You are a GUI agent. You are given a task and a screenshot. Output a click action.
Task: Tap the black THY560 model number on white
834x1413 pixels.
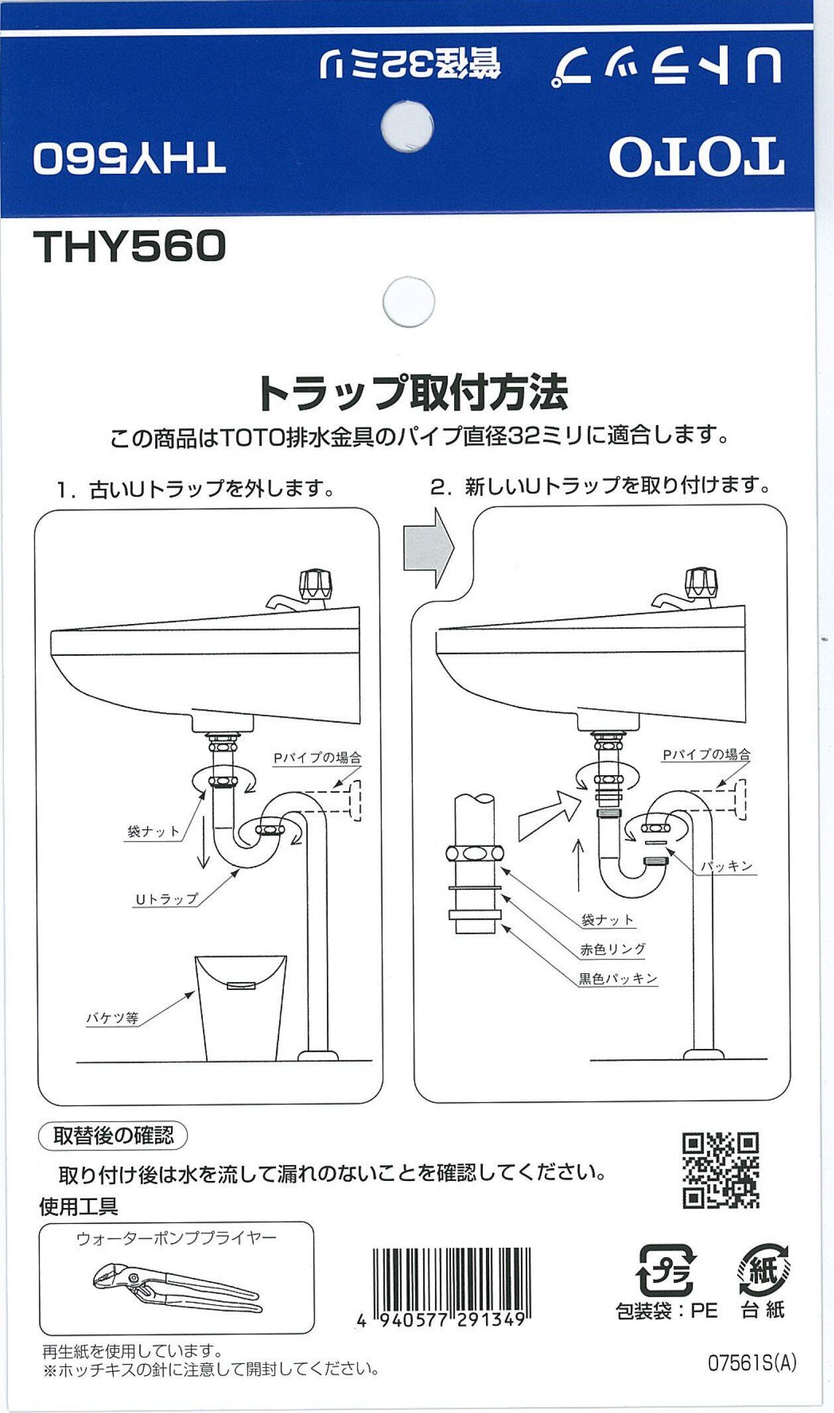coord(131,247)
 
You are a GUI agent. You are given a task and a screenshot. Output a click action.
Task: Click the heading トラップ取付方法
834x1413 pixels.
coord(412,393)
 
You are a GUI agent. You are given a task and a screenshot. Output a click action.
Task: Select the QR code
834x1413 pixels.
coord(721,1170)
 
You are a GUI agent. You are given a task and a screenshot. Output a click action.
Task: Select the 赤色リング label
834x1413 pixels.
coord(613,949)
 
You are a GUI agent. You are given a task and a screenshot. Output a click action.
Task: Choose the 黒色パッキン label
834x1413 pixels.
coord(617,978)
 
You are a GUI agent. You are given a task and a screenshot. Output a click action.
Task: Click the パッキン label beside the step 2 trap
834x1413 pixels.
coord(727,866)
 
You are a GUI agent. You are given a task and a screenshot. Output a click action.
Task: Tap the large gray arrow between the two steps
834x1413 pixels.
coord(428,548)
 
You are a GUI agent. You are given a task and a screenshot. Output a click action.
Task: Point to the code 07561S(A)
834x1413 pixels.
coord(752,1363)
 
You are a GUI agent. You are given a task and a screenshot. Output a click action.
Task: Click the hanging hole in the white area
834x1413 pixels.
coord(409,302)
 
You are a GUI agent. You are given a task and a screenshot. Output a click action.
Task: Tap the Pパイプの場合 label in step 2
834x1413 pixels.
coord(707,755)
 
